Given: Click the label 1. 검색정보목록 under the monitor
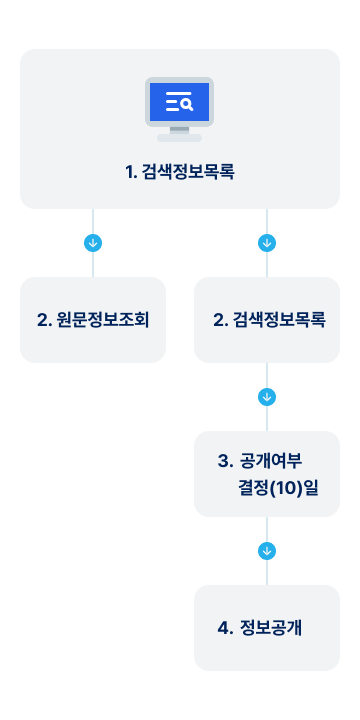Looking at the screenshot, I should (x=180, y=172).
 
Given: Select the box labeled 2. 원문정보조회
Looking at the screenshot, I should (x=93, y=320).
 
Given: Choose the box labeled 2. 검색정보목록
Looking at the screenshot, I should (x=267, y=320).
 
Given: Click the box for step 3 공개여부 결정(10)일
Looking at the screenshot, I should (x=267, y=474).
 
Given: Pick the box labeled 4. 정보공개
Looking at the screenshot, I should (x=267, y=628).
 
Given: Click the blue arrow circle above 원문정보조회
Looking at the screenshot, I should (x=93, y=243).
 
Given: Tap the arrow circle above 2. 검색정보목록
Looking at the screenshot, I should (x=267, y=243).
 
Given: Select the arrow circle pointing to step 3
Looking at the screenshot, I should (x=267, y=397).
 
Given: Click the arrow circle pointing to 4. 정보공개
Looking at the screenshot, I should (x=267, y=551).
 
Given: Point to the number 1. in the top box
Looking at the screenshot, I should (x=130, y=172).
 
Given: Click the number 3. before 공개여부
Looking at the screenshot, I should (x=224, y=461).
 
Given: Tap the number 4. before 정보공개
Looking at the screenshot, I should (x=224, y=628).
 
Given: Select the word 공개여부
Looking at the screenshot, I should (x=272, y=461).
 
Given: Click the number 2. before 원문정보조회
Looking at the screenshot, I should (x=44, y=320).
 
